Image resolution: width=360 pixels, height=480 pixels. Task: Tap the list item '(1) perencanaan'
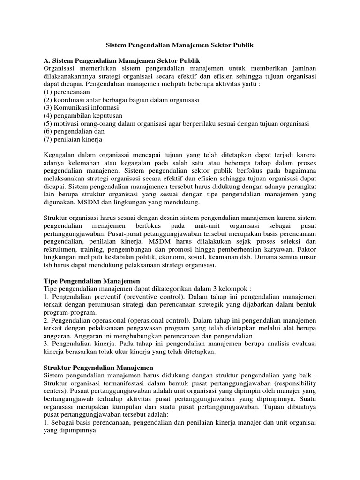[x=66, y=92]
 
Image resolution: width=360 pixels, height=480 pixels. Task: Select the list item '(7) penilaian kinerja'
[x=73, y=140]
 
